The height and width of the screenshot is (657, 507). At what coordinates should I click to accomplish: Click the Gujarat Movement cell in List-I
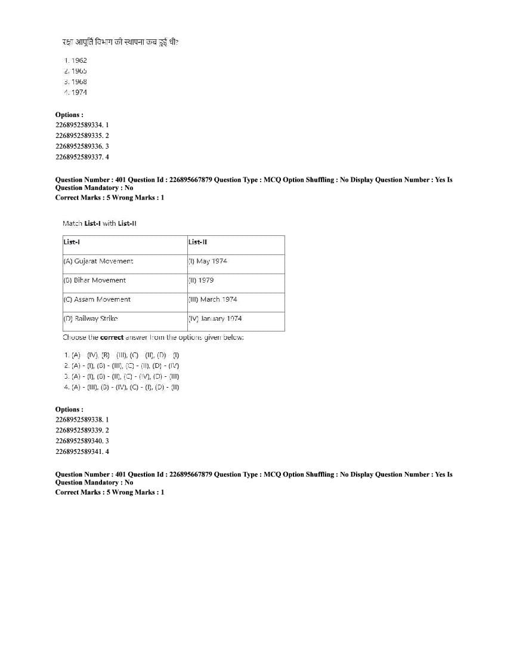coord(98,261)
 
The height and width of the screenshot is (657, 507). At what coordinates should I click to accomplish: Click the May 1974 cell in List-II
coord(208,261)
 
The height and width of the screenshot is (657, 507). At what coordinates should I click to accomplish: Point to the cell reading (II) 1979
coord(201,280)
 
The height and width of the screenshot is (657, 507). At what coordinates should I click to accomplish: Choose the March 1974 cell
coord(212,299)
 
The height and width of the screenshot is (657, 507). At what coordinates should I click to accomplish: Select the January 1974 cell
coord(215,318)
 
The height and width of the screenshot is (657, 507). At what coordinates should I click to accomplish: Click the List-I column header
coord(72,242)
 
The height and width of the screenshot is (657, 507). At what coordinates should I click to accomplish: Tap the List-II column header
coord(197,242)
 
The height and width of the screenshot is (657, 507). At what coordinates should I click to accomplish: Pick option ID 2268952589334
coord(82,125)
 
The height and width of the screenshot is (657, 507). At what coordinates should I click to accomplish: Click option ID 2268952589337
coord(82,157)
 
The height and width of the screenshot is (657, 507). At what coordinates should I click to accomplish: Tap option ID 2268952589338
coord(82,419)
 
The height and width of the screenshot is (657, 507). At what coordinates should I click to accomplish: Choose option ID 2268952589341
coord(82,452)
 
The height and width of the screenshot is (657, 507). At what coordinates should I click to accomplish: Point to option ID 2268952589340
coord(82,441)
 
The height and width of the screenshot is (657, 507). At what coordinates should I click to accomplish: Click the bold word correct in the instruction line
coord(112,337)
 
